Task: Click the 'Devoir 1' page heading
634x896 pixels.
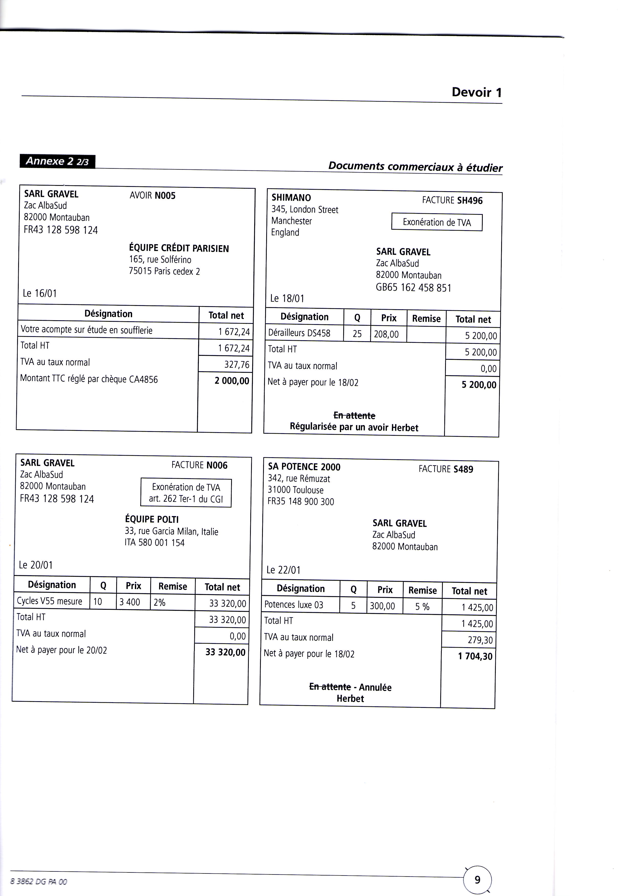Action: click(476, 92)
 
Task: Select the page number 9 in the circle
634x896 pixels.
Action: click(477, 880)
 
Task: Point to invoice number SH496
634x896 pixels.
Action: click(470, 201)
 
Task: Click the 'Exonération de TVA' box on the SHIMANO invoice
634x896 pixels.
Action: click(437, 222)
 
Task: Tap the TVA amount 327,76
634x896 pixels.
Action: click(237, 364)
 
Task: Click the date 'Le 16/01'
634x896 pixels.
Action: click(40, 293)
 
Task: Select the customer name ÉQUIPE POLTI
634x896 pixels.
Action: click(152, 519)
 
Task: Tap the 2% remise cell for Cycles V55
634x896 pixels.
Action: click(160, 602)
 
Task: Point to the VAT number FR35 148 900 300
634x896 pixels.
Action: click(300, 502)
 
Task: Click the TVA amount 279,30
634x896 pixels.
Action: click(480, 640)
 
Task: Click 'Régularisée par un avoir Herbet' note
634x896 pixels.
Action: click(354, 428)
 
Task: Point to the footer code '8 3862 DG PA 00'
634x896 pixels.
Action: click(39, 882)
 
